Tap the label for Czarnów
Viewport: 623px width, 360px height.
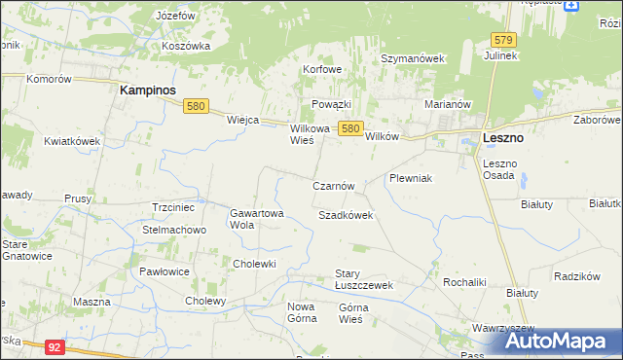coord(339,186)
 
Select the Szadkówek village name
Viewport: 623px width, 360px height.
coord(346,215)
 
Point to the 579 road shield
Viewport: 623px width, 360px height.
coord(502,40)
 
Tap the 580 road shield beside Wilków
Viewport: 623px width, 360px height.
coord(351,128)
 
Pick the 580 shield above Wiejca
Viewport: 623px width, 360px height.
coord(197,107)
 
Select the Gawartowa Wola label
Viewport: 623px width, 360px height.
coord(256,219)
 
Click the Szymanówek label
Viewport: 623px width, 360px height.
coord(412,58)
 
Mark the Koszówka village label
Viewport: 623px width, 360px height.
coord(188,46)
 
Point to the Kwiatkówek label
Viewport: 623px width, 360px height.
coord(73,141)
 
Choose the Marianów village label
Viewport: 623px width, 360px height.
coord(448,104)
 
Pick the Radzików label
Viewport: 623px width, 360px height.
coord(574,276)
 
